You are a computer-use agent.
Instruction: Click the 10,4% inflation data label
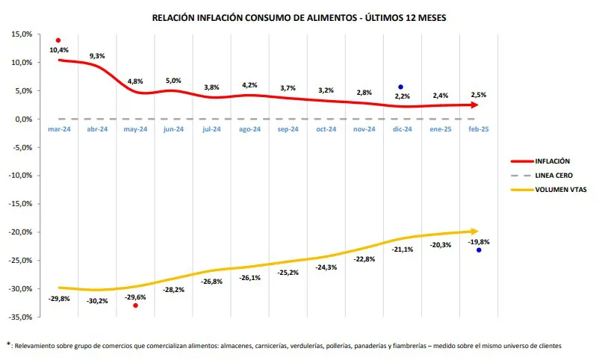[59, 50]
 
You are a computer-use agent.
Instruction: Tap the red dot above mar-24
[58, 40]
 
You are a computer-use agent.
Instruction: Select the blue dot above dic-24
[401, 87]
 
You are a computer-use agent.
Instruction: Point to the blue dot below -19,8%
[479, 250]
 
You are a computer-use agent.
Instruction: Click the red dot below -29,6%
[135, 305]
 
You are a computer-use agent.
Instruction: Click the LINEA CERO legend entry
[553, 175]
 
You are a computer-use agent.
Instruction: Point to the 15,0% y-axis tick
[22, 34]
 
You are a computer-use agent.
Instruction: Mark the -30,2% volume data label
[98, 301]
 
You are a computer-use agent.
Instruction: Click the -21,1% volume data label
[402, 249]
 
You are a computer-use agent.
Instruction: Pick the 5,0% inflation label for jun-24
[173, 81]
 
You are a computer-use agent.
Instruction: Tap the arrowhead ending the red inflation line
[474, 105]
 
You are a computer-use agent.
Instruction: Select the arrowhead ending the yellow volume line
[474, 231]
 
